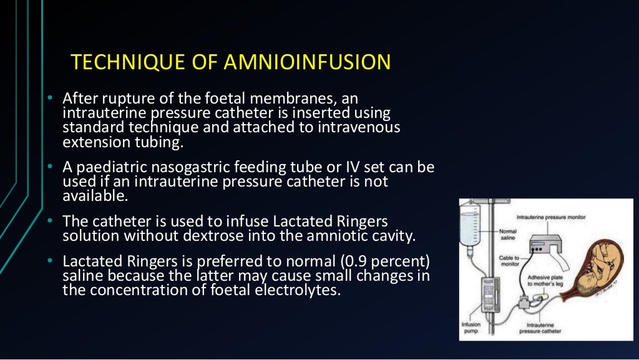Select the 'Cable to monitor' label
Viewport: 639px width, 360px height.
510,260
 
